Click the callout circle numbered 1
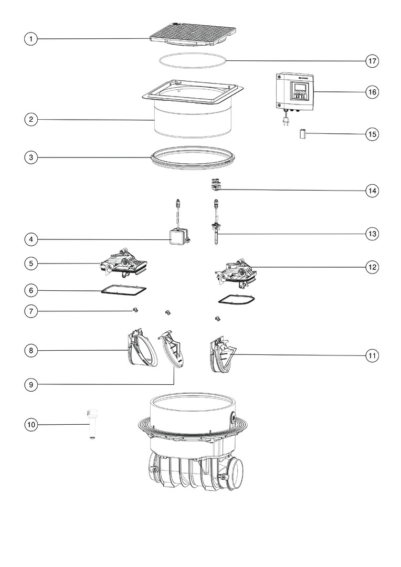pyautogui.click(x=31, y=39)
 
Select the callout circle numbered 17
pyautogui.click(x=372, y=61)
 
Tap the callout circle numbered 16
pyautogui.click(x=372, y=92)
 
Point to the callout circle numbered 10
pyautogui.click(x=31, y=424)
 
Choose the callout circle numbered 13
pyautogui.click(x=372, y=234)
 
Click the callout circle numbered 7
pyautogui.click(x=31, y=311)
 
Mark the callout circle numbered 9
pyautogui.click(x=31, y=385)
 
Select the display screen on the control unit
pyautogui.click(x=299, y=88)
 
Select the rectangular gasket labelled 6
pyautogui.click(x=124, y=290)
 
